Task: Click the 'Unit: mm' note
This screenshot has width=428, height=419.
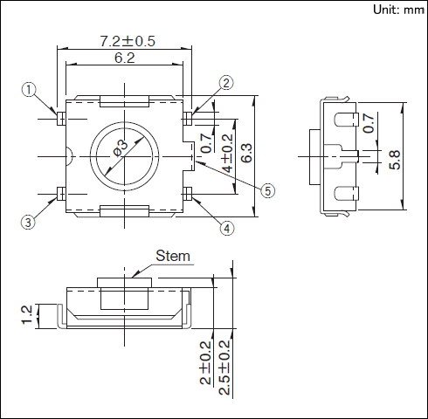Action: [397, 10]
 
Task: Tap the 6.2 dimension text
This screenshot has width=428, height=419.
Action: [123, 58]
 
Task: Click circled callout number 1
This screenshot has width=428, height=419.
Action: [29, 90]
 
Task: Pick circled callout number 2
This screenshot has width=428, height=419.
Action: [226, 83]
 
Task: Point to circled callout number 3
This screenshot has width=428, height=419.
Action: [29, 223]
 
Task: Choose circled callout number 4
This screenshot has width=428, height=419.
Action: [226, 229]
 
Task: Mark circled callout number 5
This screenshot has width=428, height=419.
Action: [268, 189]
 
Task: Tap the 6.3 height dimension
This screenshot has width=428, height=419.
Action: [246, 154]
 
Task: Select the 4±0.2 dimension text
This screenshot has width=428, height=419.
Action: [227, 154]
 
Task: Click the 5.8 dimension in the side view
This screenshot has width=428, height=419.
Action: [395, 160]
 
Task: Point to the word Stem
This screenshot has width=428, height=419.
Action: [172, 257]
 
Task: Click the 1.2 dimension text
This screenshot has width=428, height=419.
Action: [26, 314]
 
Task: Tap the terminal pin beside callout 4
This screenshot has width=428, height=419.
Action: [186, 192]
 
